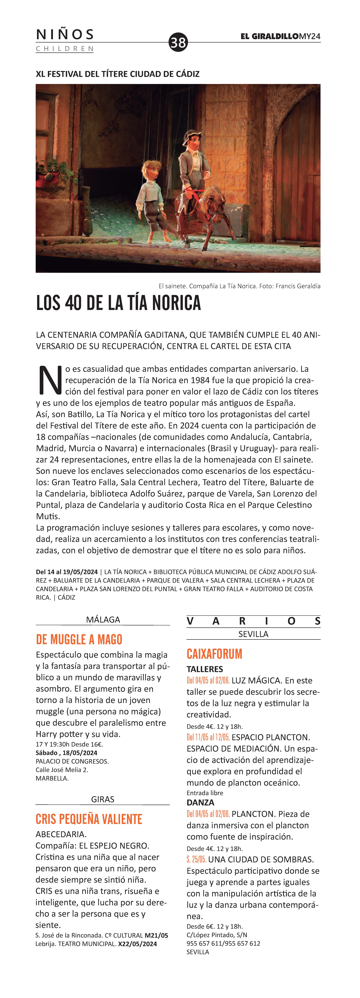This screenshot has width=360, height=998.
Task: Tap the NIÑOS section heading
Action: [x=65, y=34]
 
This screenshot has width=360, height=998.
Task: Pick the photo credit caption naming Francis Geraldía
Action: [x=239, y=286]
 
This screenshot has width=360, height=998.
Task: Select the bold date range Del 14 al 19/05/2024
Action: [x=67, y=572]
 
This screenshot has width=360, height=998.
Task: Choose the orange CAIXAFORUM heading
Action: [x=214, y=654]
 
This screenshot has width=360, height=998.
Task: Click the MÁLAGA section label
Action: [x=103, y=619]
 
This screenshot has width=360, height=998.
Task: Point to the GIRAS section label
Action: [x=103, y=799]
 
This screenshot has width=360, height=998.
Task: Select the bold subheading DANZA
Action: [x=200, y=802]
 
